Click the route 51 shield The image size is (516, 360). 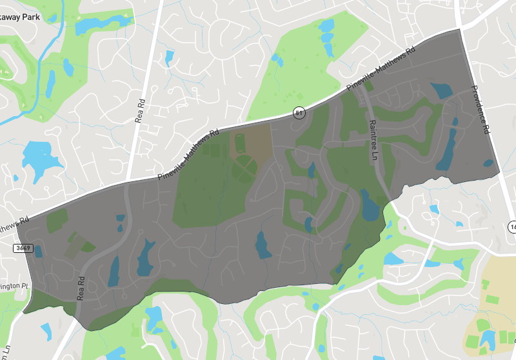(299, 112)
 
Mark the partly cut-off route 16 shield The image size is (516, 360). (511, 227)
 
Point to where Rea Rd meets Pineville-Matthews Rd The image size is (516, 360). (127, 181)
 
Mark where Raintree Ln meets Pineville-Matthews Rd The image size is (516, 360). (359, 83)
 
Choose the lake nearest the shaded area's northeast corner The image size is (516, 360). (442, 90)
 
